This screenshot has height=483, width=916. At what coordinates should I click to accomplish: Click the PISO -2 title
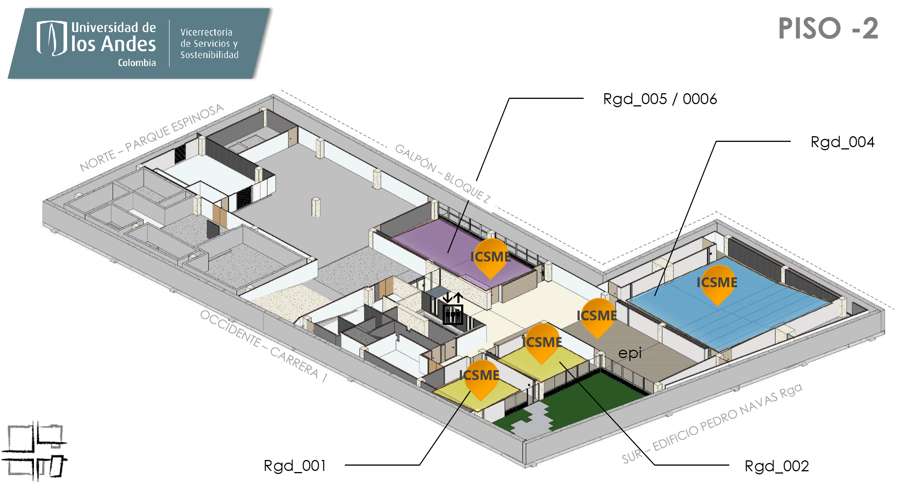coord(828,28)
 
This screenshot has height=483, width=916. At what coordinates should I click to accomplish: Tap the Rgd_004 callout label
coord(842,142)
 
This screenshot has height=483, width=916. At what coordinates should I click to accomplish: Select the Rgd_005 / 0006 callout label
coord(660,99)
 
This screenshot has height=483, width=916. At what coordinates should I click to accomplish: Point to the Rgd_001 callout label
coord(295,466)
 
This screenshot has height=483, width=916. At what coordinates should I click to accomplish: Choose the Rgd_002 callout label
coord(776,466)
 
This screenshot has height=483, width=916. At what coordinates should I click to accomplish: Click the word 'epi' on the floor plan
coord(630,353)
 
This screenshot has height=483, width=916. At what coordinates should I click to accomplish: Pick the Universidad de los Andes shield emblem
coord(52,38)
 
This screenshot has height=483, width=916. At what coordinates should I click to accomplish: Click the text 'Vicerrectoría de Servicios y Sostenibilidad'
coord(209,43)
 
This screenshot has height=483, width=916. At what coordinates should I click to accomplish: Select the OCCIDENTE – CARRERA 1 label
coord(264,346)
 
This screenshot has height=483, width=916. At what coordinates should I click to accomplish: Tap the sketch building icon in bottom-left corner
coord(35,451)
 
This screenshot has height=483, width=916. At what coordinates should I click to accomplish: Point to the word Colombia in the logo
coord(137,63)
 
